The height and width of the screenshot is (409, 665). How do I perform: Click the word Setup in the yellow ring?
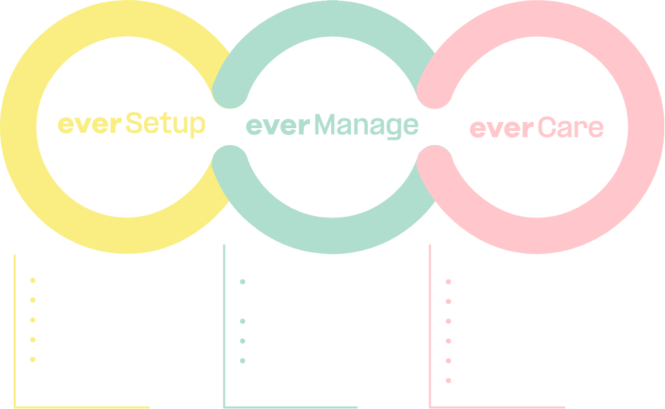point(166,125)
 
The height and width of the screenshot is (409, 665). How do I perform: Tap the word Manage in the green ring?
point(367,126)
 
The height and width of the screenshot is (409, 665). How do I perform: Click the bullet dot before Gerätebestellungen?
point(242,281)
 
